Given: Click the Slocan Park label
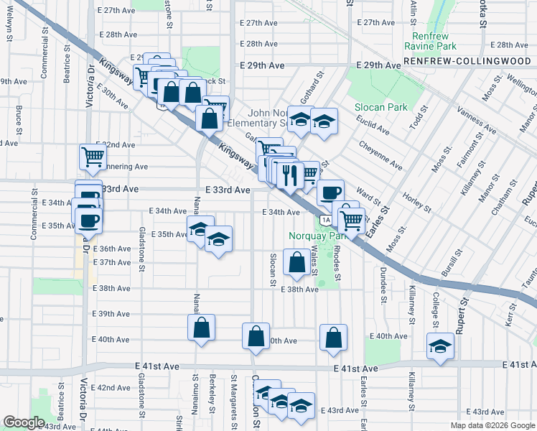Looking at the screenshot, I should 381,107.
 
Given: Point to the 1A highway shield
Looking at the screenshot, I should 326,219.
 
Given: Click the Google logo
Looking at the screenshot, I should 24,422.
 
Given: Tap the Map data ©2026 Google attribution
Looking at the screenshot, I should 492,425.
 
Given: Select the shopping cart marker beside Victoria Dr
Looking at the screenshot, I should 93,157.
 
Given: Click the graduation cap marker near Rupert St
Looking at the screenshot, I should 440,346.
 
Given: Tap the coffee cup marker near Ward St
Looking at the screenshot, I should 330,192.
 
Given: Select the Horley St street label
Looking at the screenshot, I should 416,203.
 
